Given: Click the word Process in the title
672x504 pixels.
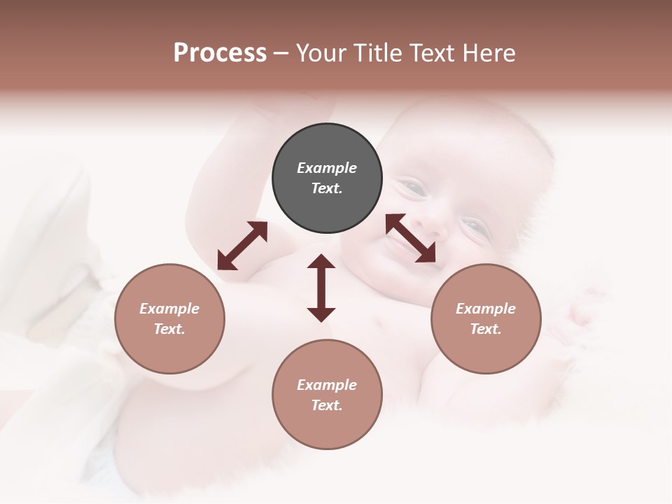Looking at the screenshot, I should click(x=220, y=53).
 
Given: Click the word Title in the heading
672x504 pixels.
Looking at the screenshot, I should click(x=376, y=53).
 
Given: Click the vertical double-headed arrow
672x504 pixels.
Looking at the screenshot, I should click(x=321, y=288).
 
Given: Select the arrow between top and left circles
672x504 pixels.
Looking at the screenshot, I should click(x=242, y=246).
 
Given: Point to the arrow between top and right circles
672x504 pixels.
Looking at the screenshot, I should click(x=411, y=238).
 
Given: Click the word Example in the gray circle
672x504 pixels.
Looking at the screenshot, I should click(x=327, y=168).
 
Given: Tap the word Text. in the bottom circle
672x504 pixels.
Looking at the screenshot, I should click(x=327, y=405).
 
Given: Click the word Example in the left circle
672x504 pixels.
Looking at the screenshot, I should click(x=169, y=309).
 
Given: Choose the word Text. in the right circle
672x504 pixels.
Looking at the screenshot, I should click(x=486, y=329).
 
